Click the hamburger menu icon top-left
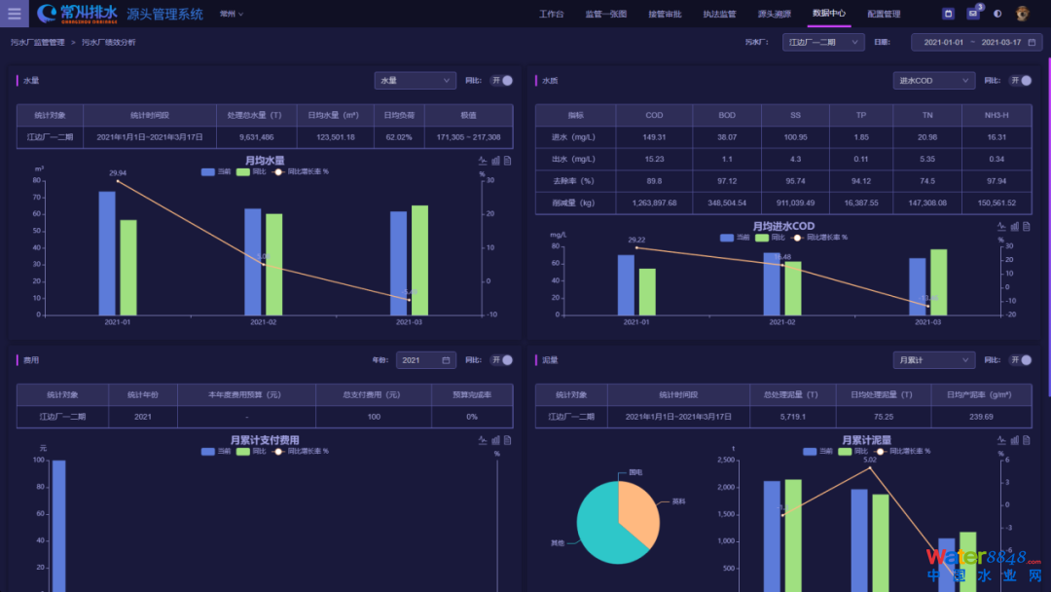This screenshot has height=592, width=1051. (14, 14)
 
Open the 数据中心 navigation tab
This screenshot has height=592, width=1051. (829, 14)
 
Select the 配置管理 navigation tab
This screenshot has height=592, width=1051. (884, 14)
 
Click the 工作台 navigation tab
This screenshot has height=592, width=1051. (552, 14)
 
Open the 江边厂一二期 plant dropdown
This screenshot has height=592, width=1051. (823, 42)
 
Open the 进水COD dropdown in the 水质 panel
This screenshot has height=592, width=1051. (933, 81)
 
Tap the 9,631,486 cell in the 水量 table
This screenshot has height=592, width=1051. (256, 137)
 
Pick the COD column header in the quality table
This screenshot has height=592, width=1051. (654, 115)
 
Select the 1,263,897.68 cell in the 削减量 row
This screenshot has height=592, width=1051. (654, 203)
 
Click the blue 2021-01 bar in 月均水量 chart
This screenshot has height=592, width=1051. (107, 253)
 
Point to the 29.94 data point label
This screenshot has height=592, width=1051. (118, 173)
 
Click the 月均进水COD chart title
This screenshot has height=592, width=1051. (782, 227)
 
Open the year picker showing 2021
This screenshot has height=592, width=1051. (425, 360)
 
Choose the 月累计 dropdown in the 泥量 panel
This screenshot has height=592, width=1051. (933, 360)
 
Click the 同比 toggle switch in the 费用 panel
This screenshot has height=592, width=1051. (501, 360)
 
